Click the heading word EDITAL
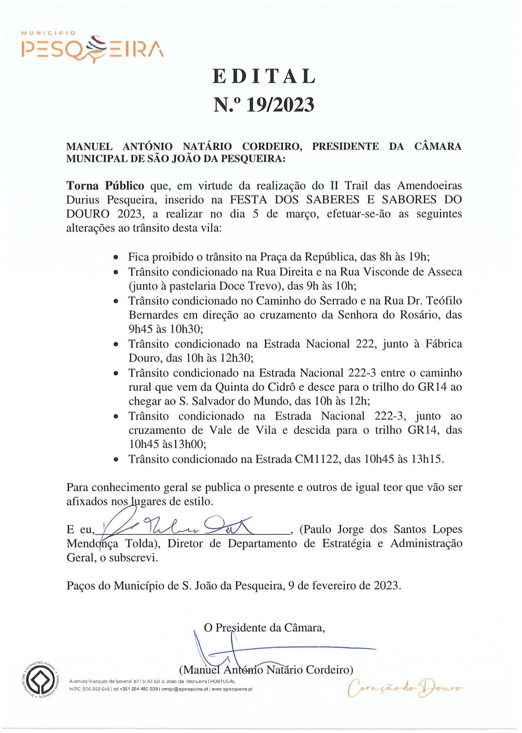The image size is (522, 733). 264,76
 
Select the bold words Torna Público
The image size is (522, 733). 105,186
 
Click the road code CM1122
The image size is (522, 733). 317,459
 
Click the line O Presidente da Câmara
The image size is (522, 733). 264,627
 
